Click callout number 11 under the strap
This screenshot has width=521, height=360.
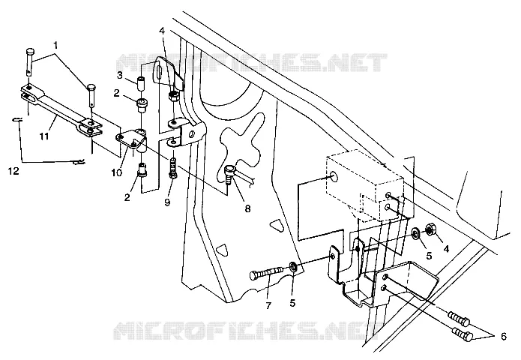(x=44, y=136)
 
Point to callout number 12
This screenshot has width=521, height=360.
(x=14, y=172)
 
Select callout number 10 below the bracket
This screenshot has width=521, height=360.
(x=117, y=172)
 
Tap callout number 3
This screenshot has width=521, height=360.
(x=120, y=76)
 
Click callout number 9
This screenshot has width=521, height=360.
(x=167, y=202)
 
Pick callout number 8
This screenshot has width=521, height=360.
(x=247, y=208)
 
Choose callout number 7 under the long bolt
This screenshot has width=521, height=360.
(x=268, y=305)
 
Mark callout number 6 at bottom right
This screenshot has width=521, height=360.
(x=504, y=337)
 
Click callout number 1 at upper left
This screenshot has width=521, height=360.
(x=55, y=45)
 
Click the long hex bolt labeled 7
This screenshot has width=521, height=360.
(x=266, y=273)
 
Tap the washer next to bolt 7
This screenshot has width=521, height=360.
(x=293, y=266)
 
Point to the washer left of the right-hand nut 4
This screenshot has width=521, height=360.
(x=415, y=234)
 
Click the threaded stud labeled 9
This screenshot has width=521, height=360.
(x=173, y=169)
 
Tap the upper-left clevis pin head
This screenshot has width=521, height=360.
(x=30, y=52)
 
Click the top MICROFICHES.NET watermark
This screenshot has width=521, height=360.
(x=252, y=63)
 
